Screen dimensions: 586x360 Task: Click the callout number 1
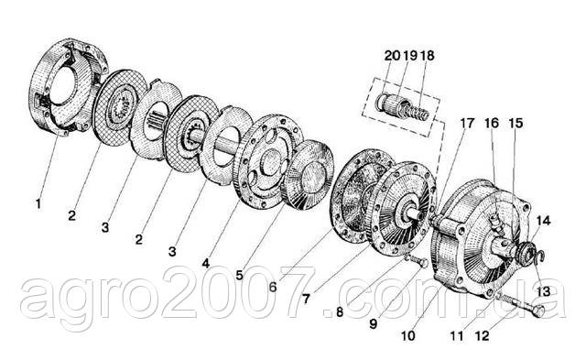tap(38, 204)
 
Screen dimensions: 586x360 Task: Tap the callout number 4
tap(205, 263)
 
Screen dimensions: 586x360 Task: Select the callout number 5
tap(240, 275)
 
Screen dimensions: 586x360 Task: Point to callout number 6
tap(273, 287)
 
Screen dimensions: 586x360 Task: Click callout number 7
tap(307, 299)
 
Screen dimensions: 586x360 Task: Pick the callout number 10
tap(408, 335)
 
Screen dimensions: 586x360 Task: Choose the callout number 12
tap(483, 335)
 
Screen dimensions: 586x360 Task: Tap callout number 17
tap(467, 123)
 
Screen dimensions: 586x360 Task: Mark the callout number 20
tap(393, 56)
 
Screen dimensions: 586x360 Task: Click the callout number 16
tap(493, 123)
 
